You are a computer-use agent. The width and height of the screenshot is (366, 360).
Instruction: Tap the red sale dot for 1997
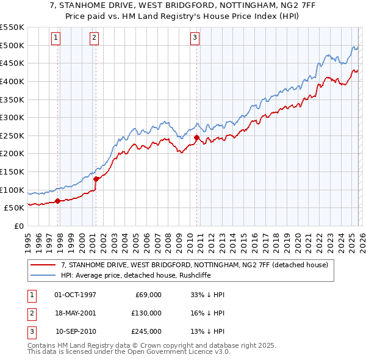tap(57, 200)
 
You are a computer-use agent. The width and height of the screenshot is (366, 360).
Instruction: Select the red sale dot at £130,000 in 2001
tap(96, 179)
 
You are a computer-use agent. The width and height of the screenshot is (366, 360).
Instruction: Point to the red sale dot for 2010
tap(196, 137)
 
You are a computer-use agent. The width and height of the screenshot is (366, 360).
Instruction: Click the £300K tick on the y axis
tap(12, 117)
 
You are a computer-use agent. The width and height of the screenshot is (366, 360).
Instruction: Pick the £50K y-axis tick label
tap(14, 207)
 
